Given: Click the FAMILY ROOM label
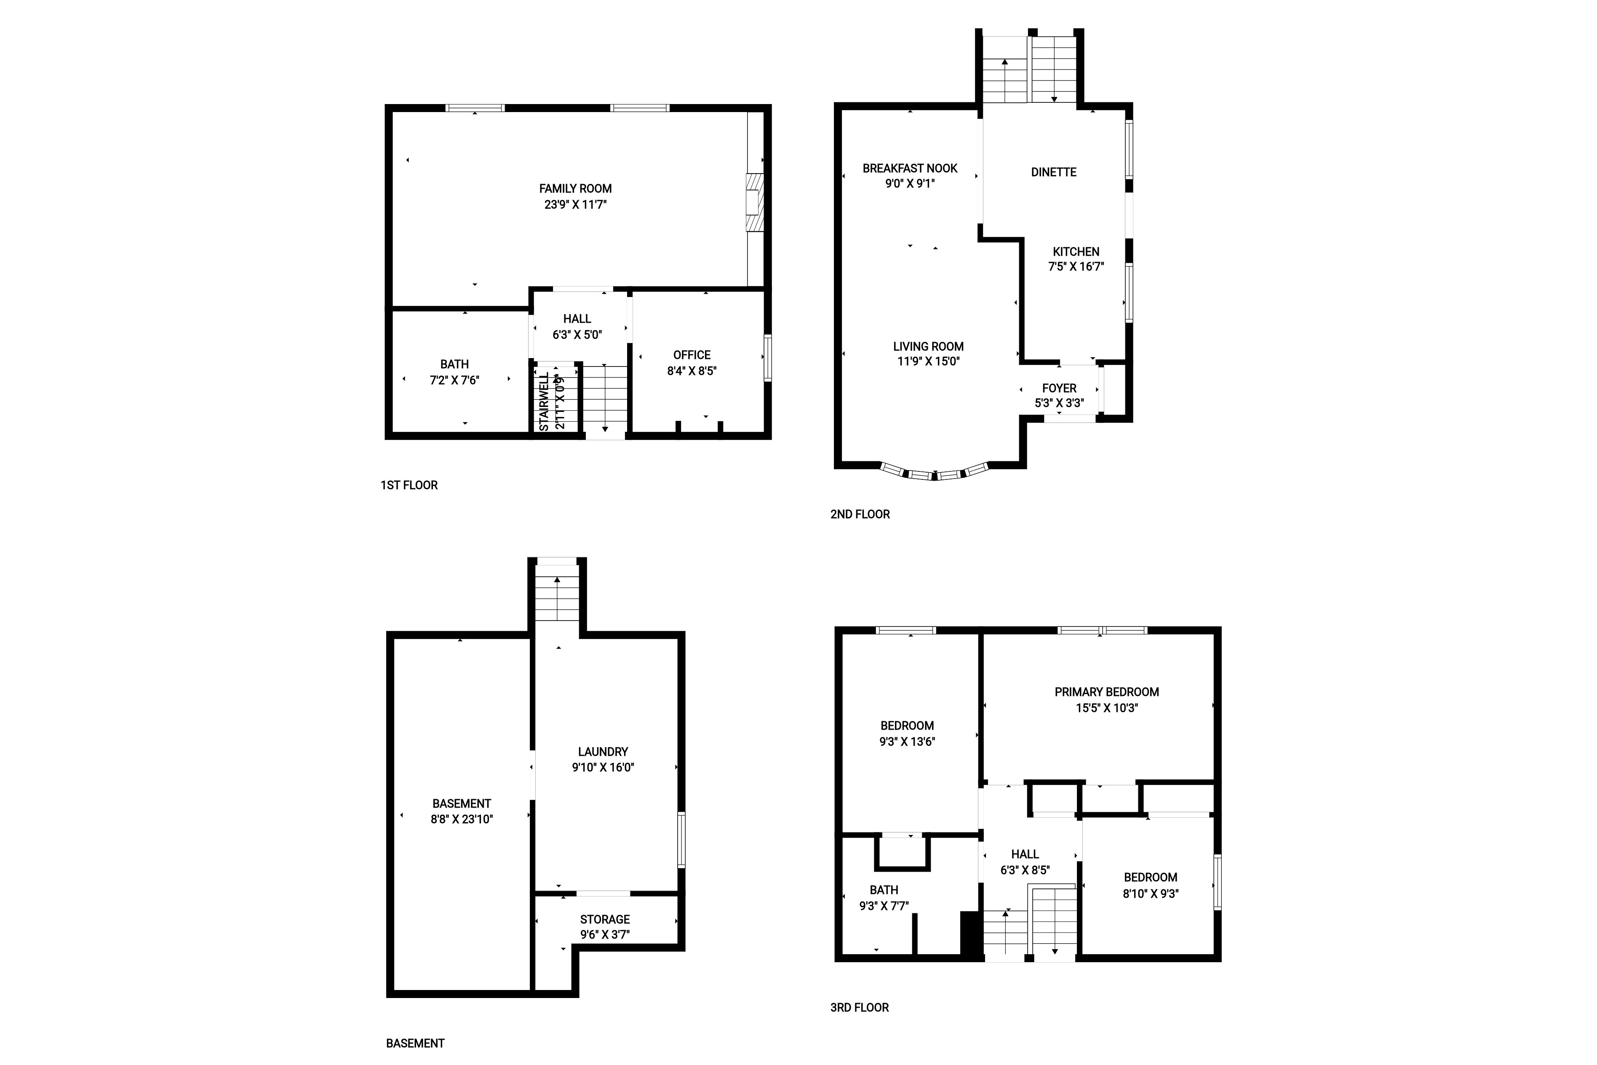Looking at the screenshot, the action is point(575,189).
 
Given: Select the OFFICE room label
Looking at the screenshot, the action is point(692,355).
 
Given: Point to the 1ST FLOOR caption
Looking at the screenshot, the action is point(409,485).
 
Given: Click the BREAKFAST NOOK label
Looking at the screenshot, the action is point(910,169).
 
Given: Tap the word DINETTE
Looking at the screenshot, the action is point(1053,173).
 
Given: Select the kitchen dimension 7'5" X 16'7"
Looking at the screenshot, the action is point(1076,267).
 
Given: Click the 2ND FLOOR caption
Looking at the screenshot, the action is point(860,514).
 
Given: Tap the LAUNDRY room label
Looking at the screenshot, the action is point(603,752).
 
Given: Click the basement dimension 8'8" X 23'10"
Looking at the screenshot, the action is point(462,819).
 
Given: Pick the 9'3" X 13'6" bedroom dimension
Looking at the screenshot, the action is point(907,742).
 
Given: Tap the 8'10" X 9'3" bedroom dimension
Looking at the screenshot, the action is point(1150,894).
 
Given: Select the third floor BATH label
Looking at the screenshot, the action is point(884,890).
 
